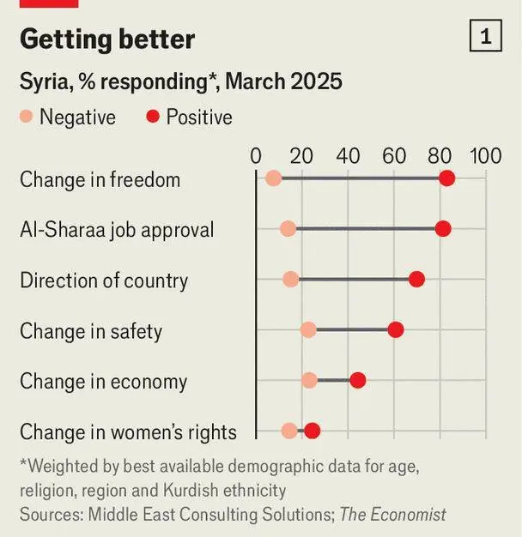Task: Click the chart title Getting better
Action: tap(107, 39)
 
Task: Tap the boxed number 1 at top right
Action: tap(486, 37)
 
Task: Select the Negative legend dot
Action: tap(26, 117)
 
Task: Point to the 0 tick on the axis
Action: tap(256, 156)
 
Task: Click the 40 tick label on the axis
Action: tap(349, 156)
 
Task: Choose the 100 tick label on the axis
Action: tap(485, 156)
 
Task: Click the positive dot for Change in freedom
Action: tap(446, 178)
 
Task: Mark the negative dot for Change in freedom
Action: tap(273, 178)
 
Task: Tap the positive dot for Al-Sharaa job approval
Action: tap(443, 229)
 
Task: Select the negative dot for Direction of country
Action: tap(291, 280)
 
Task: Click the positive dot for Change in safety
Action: tap(396, 330)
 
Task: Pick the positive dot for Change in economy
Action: tap(358, 380)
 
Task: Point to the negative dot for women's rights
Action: tap(289, 431)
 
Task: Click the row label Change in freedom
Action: tap(100, 179)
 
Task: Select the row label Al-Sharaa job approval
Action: tap(117, 230)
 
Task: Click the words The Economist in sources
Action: tap(392, 515)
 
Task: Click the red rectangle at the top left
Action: tap(48, 3)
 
